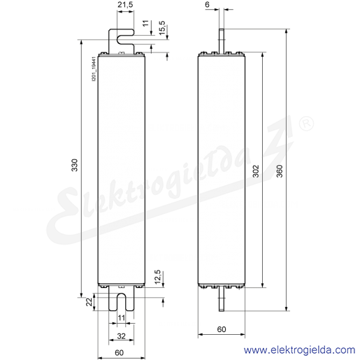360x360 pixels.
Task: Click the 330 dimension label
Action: [x=74, y=165]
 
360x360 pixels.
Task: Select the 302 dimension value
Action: [x=256, y=171]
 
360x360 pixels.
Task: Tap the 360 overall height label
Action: [x=279, y=171]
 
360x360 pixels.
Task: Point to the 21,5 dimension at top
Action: [x=125, y=4]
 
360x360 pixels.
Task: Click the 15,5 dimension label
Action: [x=162, y=28]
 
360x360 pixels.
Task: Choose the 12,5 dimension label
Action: [x=157, y=277]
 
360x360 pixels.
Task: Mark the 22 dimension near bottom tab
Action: [x=89, y=302]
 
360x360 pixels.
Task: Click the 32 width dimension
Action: [x=122, y=336]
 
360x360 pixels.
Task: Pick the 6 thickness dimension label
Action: [x=208, y=4]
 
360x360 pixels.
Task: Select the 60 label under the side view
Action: [x=222, y=329]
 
